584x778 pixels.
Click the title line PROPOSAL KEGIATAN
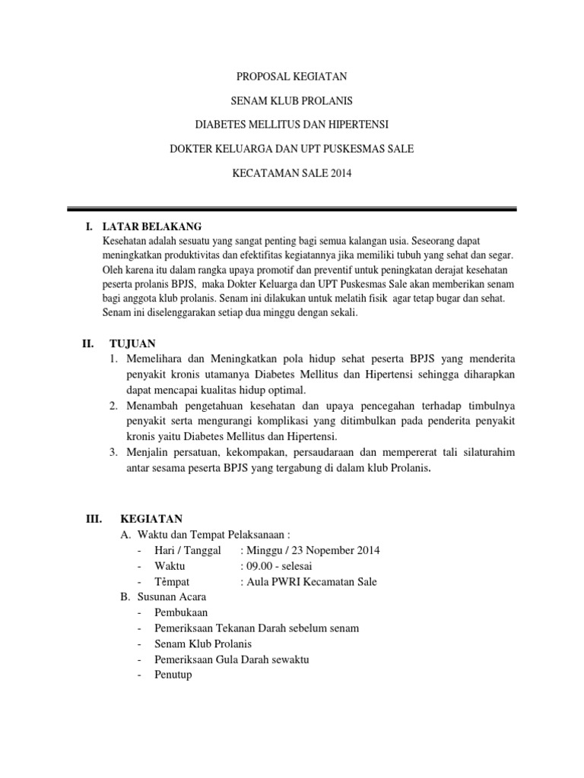(x=292, y=76)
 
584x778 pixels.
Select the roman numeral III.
(x=93, y=519)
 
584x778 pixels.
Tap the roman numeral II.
(x=87, y=344)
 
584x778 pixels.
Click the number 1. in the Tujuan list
(x=113, y=358)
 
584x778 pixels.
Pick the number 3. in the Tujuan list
(x=113, y=453)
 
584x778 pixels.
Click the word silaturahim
(x=482, y=453)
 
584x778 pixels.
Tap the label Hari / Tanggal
(x=187, y=550)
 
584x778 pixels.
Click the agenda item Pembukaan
(x=180, y=612)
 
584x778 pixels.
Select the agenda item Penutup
(x=173, y=675)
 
